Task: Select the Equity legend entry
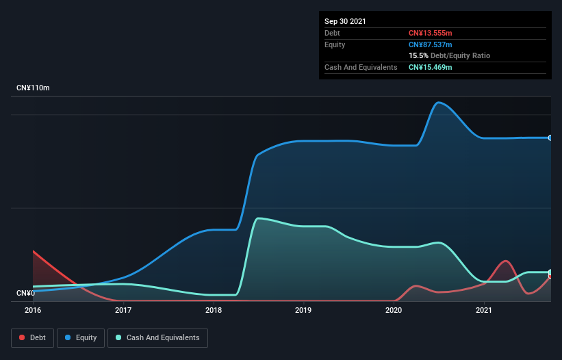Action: coord(81,337)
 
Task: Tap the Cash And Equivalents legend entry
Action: coord(157,337)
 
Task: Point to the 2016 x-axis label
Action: coord(33,310)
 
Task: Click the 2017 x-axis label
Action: coord(123,310)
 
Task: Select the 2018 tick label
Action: coord(214,310)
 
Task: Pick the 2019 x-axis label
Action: coord(303,310)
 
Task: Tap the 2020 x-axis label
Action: coord(394,310)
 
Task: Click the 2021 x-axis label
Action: coord(484,310)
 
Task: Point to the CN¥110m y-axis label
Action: coord(33,88)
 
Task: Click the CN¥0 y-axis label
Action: coord(25,294)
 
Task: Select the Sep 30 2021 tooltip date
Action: coord(345,21)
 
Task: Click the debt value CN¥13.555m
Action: coord(430,33)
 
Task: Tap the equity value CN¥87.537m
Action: coord(430,44)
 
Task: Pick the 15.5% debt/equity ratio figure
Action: coord(418,55)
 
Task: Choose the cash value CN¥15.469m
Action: coord(430,67)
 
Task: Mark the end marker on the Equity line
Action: coord(550,138)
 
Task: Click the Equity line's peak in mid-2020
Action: coord(438,103)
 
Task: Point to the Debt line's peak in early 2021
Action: coord(505,261)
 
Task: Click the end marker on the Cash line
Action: coord(550,272)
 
